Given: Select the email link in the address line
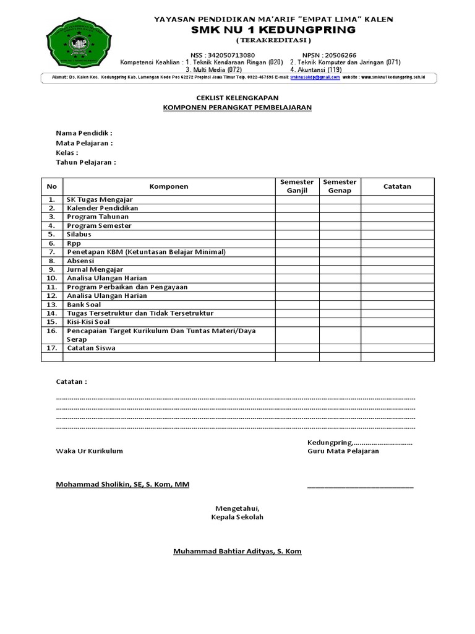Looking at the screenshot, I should (x=315, y=78).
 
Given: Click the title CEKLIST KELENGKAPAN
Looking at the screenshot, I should (x=237, y=98).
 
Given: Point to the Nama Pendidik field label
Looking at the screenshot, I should (x=84, y=133).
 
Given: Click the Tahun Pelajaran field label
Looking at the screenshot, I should (x=86, y=162).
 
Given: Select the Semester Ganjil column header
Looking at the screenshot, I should (x=297, y=186).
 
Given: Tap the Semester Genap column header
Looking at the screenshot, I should (x=340, y=186).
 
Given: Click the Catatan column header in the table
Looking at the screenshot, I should (x=397, y=186).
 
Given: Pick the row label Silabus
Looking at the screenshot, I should (x=79, y=235).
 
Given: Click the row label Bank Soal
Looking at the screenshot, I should (x=83, y=305).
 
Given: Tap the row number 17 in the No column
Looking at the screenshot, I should (x=51, y=348).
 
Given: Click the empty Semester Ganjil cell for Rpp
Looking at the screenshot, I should (x=297, y=243).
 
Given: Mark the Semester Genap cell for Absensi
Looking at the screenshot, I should (x=340, y=261).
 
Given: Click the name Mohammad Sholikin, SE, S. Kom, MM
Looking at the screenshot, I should (x=122, y=484).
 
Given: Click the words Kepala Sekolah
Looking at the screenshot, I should (x=237, y=517).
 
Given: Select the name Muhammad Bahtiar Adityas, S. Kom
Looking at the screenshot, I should (x=237, y=550).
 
